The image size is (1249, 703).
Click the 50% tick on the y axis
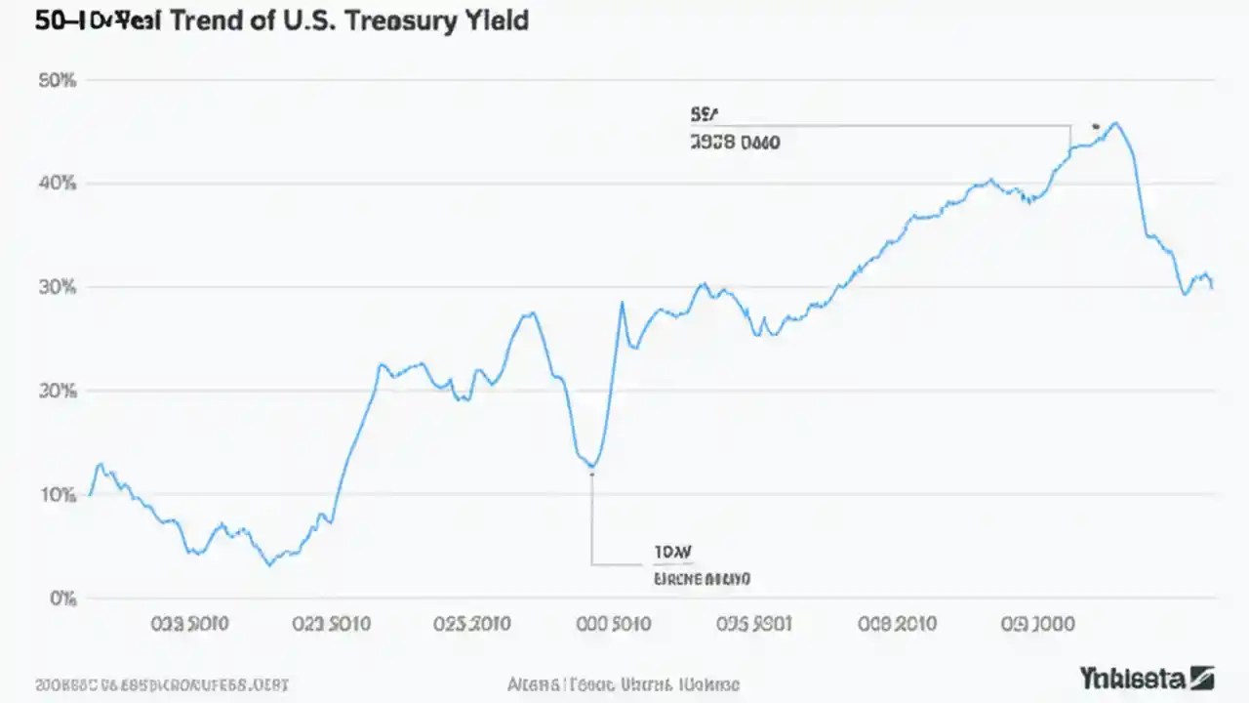(57, 81)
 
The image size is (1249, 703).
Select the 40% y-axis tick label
(57, 184)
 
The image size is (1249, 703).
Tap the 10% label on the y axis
(57, 494)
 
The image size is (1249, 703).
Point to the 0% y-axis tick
(61, 598)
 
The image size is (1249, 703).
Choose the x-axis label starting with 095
(754, 624)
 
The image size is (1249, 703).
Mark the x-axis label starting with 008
(896, 624)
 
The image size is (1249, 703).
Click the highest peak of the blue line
(1116, 123)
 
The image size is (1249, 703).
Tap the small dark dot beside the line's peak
(1096, 126)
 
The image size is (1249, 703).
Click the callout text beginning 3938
(734, 143)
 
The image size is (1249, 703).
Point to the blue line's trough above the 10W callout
(591, 466)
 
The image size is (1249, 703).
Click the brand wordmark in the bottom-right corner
(1147, 677)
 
